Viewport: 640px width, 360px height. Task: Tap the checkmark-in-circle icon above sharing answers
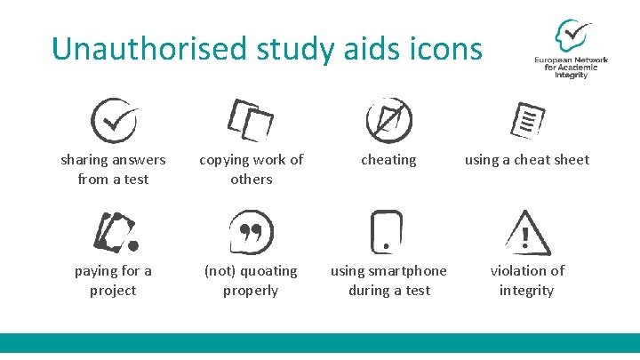click(x=114, y=121)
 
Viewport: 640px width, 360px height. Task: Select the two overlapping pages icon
click(x=251, y=120)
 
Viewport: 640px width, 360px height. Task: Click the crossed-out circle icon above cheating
click(x=388, y=120)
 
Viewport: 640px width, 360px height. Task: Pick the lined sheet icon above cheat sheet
click(x=529, y=120)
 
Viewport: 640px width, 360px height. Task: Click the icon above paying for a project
click(x=116, y=232)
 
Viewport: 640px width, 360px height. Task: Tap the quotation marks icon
click(x=251, y=232)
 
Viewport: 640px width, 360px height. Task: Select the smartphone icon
click(x=388, y=231)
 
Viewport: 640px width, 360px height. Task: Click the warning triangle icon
click(x=526, y=233)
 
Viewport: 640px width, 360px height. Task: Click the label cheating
click(x=388, y=160)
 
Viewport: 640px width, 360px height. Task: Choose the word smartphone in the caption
click(x=405, y=271)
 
